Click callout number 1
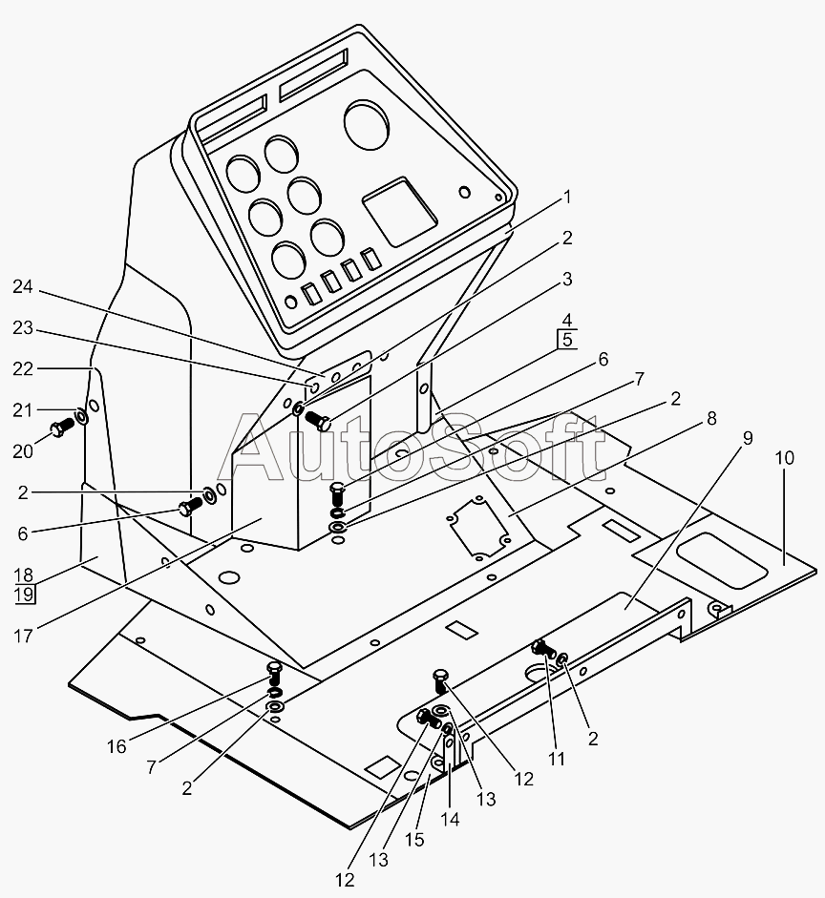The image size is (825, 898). click(x=566, y=198)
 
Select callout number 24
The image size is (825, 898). click(x=24, y=285)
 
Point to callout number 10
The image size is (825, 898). click(x=784, y=457)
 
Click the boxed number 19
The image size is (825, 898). click(x=24, y=595)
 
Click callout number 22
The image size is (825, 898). click(x=747, y=438)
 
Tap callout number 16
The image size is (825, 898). click(x=116, y=746)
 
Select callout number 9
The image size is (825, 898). click(x=747, y=438)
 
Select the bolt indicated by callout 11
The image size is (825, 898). click(x=544, y=649)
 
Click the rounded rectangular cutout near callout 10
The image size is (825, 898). click(x=721, y=560)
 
